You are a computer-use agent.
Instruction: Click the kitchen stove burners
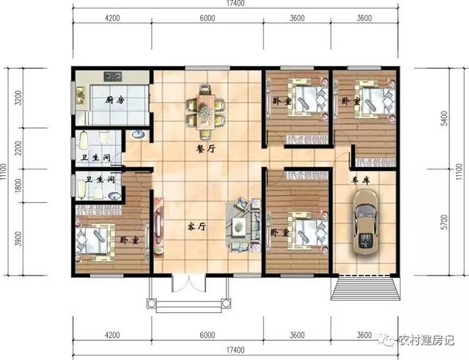point(113,74)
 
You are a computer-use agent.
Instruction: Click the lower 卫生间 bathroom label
point(99,180)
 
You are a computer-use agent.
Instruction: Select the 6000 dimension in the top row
point(207,18)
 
